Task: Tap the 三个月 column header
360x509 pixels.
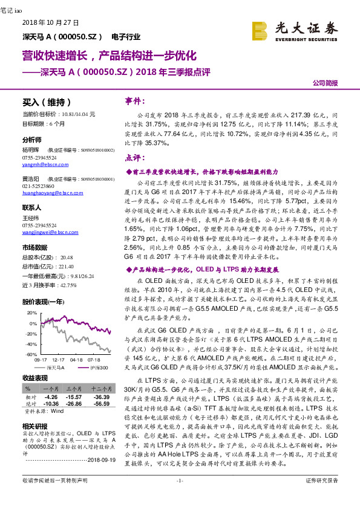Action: point(74,389)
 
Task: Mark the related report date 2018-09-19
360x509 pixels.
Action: point(98,459)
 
